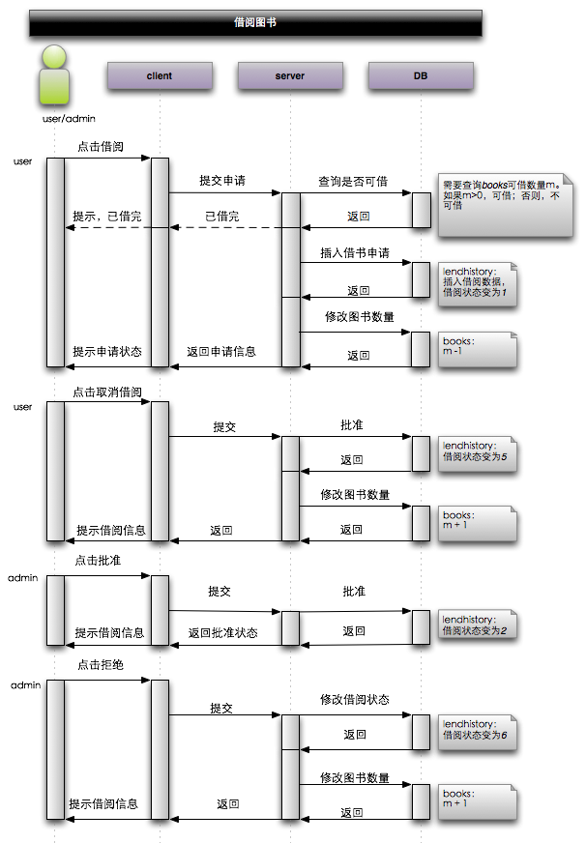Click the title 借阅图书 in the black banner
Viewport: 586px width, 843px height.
pyautogui.click(x=255, y=22)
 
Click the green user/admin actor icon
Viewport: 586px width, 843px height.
pyautogui.click(x=55, y=76)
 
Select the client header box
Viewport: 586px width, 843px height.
pyautogui.click(x=160, y=75)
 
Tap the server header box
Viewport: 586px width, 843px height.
pyautogui.click(x=290, y=75)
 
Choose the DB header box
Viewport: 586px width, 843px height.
pyautogui.click(x=421, y=75)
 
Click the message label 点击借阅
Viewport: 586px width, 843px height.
pyautogui.click(x=101, y=145)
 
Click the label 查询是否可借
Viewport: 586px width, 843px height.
pyautogui.click(x=353, y=181)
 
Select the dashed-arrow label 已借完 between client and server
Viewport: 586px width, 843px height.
pyautogui.click(x=222, y=217)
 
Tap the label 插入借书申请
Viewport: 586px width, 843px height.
pyautogui.click(x=355, y=252)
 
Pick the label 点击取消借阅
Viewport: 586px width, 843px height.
pyautogui.click(x=107, y=392)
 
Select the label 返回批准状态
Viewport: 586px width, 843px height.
pyautogui.click(x=223, y=632)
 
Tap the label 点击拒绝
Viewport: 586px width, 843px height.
pyautogui.click(x=101, y=667)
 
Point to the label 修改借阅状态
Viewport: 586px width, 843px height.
pyautogui.click(x=355, y=699)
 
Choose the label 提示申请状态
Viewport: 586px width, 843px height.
pyautogui.click(x=107, y=352)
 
